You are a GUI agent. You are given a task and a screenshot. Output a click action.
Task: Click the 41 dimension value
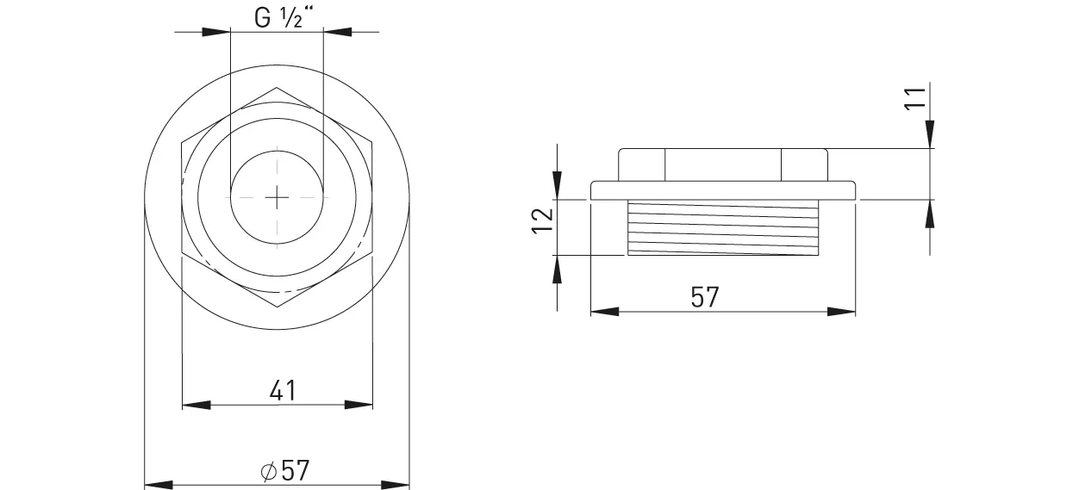283,390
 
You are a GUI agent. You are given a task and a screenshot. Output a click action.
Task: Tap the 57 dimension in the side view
704,297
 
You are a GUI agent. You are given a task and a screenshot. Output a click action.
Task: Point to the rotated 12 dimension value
542,220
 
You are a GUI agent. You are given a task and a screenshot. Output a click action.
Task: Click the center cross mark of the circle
277,197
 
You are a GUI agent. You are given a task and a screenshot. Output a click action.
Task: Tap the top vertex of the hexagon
277,87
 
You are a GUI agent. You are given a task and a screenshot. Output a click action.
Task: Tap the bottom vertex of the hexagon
277,307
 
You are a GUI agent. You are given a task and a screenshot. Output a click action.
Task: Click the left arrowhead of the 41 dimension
196,404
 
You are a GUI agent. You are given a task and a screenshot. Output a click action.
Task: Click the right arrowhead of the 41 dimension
359,404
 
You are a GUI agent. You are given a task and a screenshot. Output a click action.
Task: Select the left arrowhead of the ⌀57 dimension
158,483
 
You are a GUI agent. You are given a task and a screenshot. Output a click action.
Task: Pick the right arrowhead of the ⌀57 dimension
396,483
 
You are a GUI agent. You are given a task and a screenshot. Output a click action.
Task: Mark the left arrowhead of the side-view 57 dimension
604,311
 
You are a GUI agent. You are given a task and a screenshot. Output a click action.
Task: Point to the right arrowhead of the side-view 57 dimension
842,311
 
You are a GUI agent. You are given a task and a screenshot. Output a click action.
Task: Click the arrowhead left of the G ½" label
216,32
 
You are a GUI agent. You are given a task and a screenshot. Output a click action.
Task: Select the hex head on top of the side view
722,164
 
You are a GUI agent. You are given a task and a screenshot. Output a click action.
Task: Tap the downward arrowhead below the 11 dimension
931,134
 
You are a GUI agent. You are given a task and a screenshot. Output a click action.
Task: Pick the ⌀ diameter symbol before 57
267,472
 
